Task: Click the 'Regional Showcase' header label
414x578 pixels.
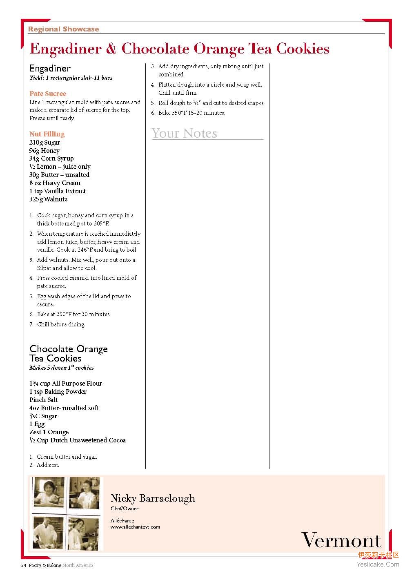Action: click(63, 29)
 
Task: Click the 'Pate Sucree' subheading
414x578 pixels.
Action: click(47, 94)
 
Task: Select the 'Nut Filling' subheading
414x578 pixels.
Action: click(47, 134)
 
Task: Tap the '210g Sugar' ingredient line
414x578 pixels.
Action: click(45, 143)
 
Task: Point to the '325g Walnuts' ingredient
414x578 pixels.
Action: click(48, 199)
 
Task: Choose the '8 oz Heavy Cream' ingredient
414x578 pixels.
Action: click(55, 183)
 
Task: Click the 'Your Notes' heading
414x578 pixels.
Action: click(185, 133)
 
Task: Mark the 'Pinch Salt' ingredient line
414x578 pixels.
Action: click(43, 400)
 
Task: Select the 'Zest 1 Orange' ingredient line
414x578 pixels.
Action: click(49, 432)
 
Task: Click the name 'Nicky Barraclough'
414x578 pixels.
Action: click(153, 498)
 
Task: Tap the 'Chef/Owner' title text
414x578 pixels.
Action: click(125, 509)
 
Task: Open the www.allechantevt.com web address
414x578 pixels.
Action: click(135, 527)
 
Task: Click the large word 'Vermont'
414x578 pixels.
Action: click(341, 540)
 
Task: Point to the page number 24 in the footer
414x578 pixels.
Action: click(24, 566)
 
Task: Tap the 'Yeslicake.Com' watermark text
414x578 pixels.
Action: click(378, 565)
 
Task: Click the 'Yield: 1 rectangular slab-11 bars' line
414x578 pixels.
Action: click(71, 78)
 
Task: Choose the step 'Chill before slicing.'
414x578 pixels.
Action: click(61, 324)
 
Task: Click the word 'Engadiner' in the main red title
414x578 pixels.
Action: click(65, 49)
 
